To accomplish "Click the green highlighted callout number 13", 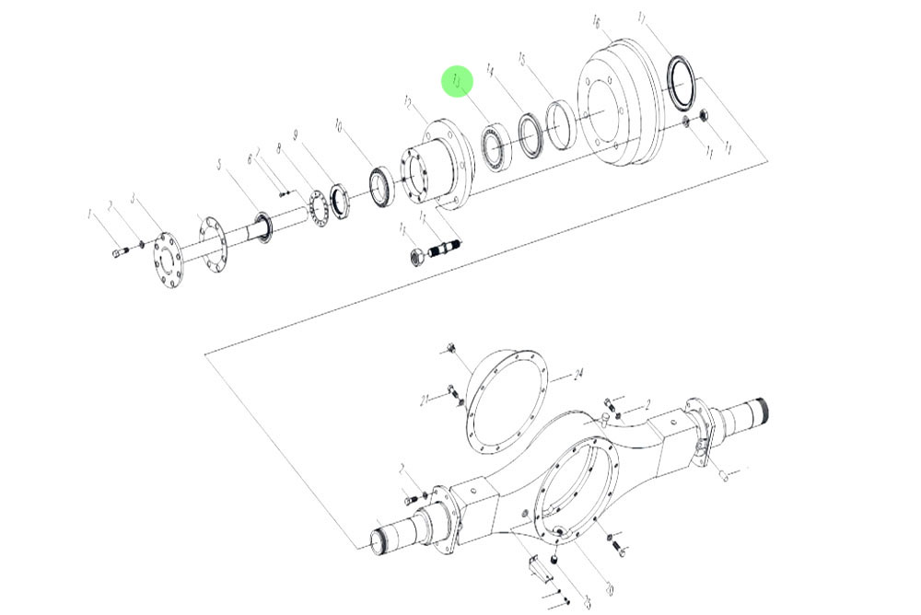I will click(457, 81).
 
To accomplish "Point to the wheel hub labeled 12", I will click(437, 166).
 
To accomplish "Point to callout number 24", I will click(578, 375).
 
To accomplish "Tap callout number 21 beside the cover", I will click(425, 400).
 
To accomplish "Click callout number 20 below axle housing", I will click(609, 587).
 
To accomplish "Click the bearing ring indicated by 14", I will click(530, 133).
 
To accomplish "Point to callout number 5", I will click(219, 166).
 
